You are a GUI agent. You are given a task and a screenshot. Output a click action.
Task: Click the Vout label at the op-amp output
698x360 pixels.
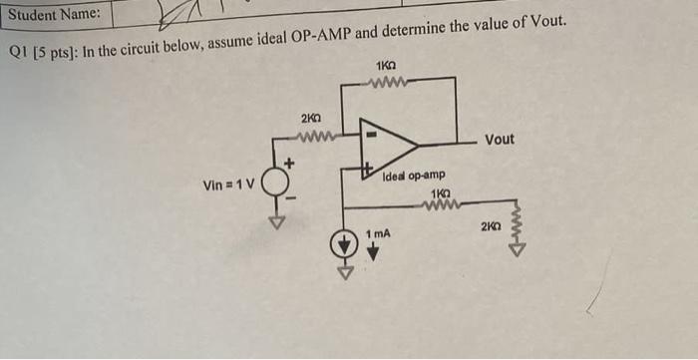click(499, 139)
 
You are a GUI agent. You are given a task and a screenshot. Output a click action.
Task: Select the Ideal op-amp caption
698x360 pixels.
click(413, 177)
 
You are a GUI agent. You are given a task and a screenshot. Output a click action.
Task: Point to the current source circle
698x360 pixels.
click(345, 243)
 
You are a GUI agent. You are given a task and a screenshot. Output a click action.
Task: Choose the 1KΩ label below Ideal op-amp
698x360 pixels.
click(438, 192)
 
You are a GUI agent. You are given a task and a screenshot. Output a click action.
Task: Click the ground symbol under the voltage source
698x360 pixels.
click(278, 220)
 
